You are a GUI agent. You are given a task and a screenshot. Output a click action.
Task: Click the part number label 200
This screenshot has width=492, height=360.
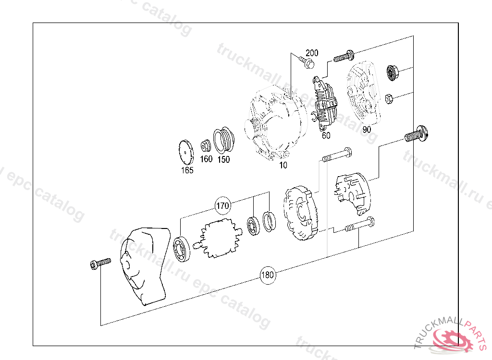(312, 53)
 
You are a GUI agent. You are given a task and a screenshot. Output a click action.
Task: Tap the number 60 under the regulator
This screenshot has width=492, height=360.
(326, 135)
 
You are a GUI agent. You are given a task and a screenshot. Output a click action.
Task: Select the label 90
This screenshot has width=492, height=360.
(367, 130)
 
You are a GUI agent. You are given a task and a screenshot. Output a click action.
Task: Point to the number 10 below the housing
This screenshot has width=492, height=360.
(283, 165)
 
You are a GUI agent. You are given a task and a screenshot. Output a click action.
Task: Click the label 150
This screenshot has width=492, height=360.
(223, 159)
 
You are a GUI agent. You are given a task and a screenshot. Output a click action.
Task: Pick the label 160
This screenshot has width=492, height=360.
(206, 159)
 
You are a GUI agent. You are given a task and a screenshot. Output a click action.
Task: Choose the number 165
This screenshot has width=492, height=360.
(187, 170)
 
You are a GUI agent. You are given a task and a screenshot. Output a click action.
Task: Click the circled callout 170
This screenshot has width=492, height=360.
(222, 206)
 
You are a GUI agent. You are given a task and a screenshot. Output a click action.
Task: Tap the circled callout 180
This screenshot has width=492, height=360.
(268, 276)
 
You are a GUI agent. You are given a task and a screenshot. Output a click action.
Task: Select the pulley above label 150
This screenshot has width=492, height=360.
(223, 139)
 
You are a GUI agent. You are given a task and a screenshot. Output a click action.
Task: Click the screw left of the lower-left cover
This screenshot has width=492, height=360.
(99, 263)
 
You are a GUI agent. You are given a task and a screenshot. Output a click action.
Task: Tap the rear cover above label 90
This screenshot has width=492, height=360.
(365, 94)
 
